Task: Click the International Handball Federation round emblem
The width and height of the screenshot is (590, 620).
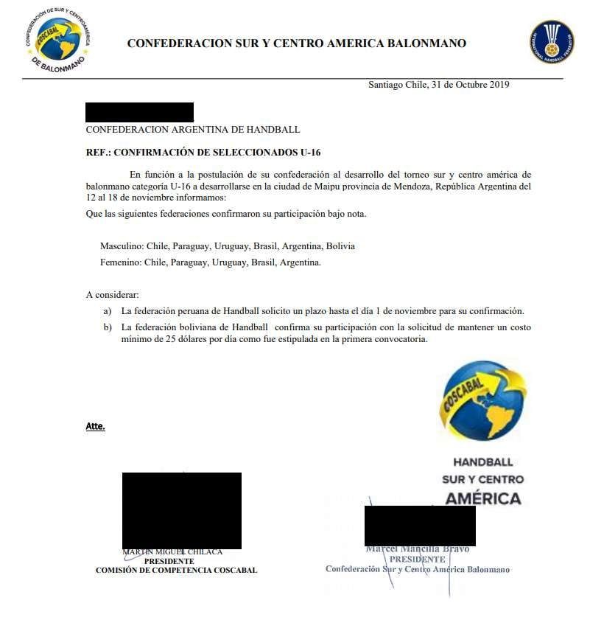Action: (x=552, y=41)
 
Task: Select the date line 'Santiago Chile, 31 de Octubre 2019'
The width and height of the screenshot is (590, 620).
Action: (x=439, y=85)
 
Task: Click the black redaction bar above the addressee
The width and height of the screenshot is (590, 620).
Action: (x=139, y=112)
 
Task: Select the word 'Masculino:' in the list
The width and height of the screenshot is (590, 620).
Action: (x=122, y=246)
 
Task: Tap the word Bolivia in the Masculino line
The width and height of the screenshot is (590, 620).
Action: (x=340, y=246)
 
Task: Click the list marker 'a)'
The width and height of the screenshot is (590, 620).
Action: (x=108, y=311)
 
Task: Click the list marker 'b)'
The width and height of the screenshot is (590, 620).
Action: (x=108, y=327)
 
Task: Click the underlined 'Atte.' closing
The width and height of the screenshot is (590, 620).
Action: (x=96, y=426)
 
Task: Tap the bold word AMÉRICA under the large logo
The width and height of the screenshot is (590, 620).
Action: (x=482, y=498)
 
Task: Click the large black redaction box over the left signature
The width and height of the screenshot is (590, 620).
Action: (x=181, y=510)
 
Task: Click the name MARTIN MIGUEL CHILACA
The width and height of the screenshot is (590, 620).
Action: (x=172, y=552)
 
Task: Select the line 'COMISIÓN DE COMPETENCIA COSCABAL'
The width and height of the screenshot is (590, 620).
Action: (x=176, y=571)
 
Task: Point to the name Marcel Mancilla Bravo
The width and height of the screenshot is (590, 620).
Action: (x=417, y=549)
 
